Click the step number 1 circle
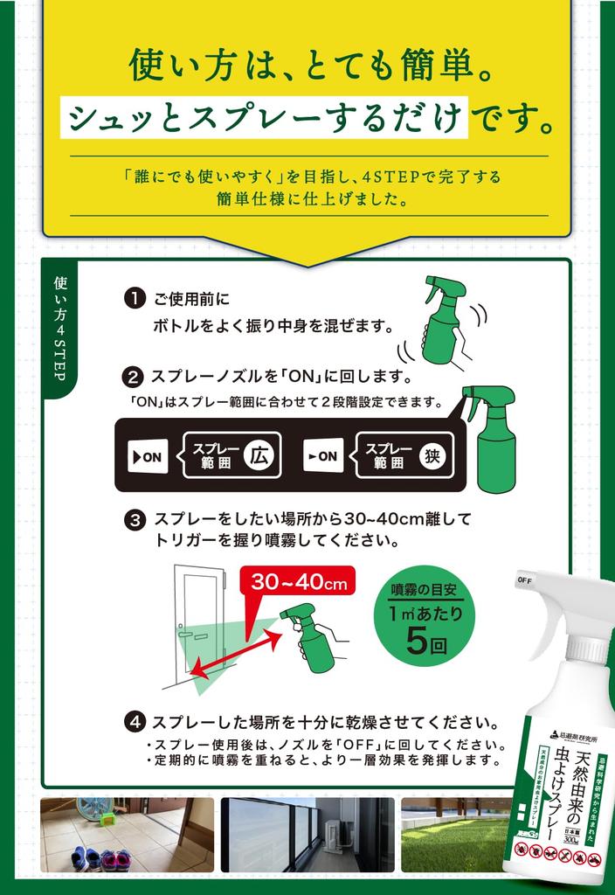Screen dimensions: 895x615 point(135,299)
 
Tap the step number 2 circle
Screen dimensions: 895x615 point(134,378)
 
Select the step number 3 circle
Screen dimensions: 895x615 point(135,522)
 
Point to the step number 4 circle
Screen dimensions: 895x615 point(135,723)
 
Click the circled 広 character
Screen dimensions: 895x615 point(258,455)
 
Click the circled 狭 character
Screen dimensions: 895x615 point(432,455)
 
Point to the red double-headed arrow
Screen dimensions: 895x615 point(237,653)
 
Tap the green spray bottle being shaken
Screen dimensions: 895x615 point(443,321)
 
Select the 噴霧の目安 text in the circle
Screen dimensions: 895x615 point(425,587)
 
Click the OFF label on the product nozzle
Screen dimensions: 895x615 point(526,579)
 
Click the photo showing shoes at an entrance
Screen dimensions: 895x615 point(127,834)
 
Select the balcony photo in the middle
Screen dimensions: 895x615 point(307,834)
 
